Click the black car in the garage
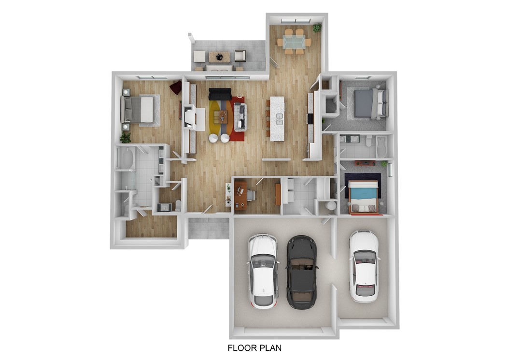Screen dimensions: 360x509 (x=302, y=272)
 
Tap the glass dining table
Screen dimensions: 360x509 (x=294, y=42)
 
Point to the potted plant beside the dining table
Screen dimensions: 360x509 (x=317, y=28)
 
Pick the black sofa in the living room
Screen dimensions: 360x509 (x=220, y=94)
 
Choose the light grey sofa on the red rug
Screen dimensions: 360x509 (x=240, y=116)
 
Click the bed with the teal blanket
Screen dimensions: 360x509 (x=363, y=196)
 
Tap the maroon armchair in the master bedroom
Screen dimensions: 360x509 (x=176, y=87)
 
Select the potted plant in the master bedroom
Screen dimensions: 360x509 (x=125, y=138)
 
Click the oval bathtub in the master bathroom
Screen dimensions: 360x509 (x=125, y=158)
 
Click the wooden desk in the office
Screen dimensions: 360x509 (x=240, y=195)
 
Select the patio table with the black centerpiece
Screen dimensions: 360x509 (x=220, y=57)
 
